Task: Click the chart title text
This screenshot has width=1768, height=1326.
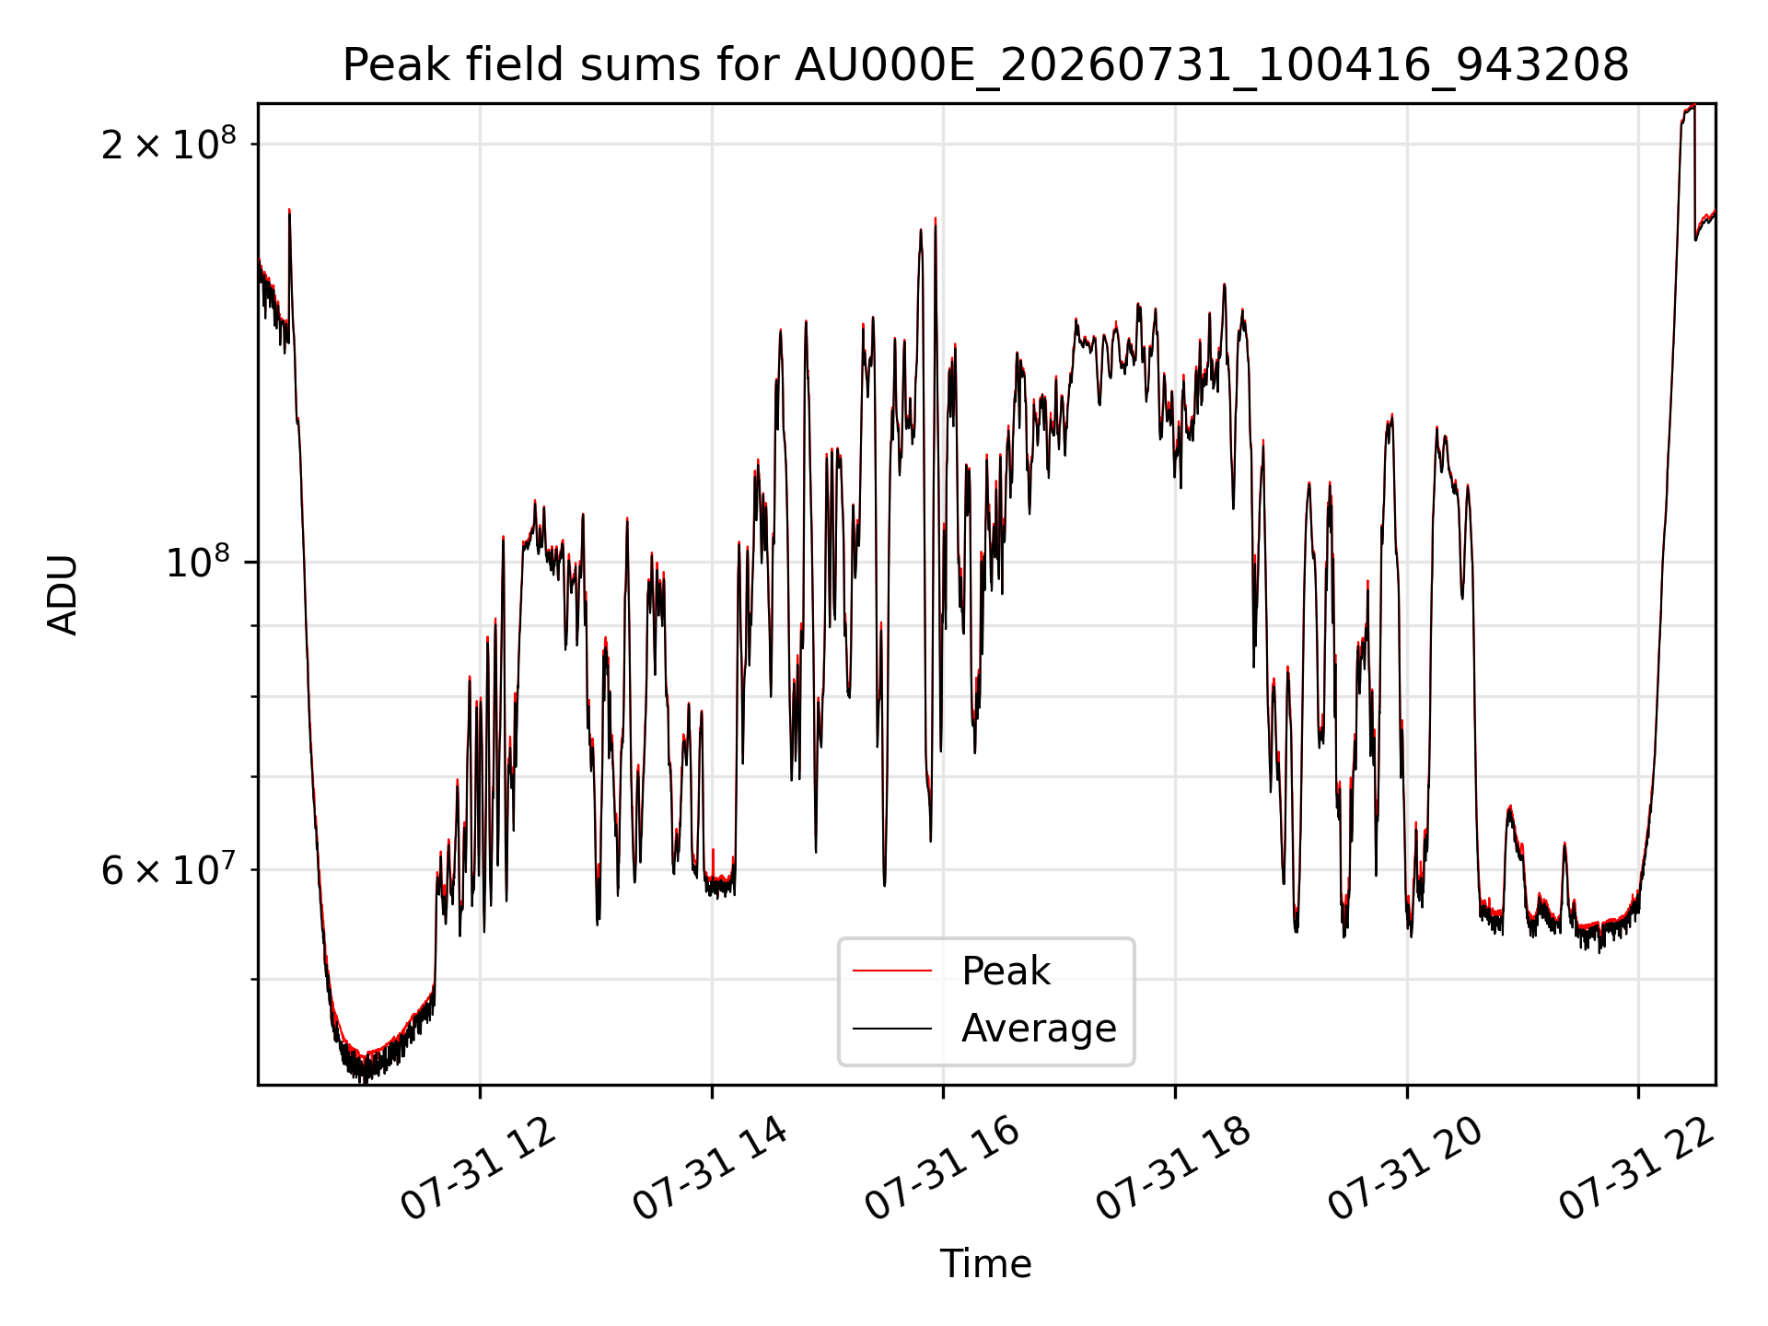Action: [x=985, y=65]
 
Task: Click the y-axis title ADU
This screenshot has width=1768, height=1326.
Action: [x=63, y=594]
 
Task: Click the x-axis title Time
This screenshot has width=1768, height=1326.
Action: [x=985, y=1263]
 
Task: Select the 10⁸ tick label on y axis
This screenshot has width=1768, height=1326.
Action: [x=201, y=562]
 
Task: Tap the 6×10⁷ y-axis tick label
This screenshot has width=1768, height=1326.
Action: [x=169, y=868]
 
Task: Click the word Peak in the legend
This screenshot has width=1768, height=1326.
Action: [x=1006, y=971]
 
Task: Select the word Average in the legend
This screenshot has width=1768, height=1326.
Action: [x=1039, y=1029]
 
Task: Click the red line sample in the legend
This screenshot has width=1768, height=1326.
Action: [x=892, y=971]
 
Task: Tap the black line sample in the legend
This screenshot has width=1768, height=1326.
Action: [x=892, y=1028]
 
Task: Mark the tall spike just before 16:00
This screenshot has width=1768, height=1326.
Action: [x=936, y=220]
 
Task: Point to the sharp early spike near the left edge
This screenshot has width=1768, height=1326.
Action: [x=289, y=211]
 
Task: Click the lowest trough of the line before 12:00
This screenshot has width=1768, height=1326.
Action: [x=363, y=1079]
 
